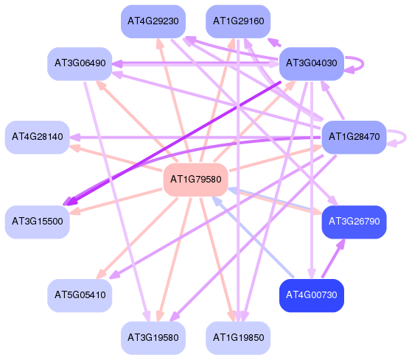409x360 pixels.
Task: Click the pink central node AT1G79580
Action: tap(195, 180)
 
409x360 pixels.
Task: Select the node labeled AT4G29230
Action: tap(153, 21)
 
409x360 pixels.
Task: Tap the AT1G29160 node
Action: tap(238, 21)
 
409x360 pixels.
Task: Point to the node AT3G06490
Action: tap(80, 64)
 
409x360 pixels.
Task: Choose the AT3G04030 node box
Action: tap(312, 64)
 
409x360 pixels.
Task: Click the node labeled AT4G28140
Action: tap(38, 137)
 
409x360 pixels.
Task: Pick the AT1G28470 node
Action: tap(354, 137)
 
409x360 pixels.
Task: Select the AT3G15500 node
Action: tap(38, 222)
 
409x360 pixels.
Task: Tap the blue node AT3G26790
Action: tap(354, 222)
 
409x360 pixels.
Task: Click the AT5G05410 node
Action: tap(80, 295)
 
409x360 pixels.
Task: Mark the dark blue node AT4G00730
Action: tap(312, 295)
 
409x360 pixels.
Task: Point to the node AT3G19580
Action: tap(153, 338)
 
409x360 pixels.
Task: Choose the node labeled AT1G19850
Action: tap(238, 338)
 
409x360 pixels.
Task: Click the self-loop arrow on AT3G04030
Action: tap(363, 63)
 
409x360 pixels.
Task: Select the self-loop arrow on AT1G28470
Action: tap(405, 137)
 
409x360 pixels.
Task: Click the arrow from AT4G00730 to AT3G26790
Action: tap(333, 258)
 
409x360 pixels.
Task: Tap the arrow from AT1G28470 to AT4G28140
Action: tap(195, 137)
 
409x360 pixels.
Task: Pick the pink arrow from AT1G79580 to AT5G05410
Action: tap(137, 238)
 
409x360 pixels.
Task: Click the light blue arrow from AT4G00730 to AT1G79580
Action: tap(253, 237)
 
